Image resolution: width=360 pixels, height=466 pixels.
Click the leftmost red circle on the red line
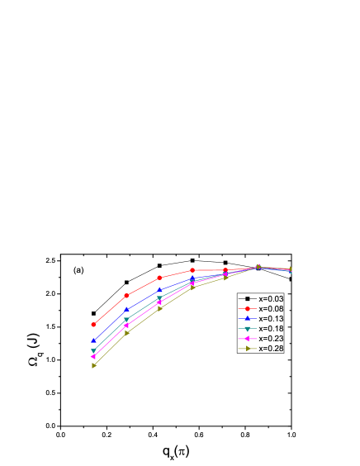coord(93,325)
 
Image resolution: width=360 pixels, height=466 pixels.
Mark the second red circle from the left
coord(126,296)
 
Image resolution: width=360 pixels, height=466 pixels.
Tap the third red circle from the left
coord(159,278)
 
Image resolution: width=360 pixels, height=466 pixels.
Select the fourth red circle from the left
coord(192,270)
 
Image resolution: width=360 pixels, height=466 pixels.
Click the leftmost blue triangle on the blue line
coord(93,340)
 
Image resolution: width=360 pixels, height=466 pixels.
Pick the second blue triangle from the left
coord(126,310)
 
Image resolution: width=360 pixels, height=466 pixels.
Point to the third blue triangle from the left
coord(159,290)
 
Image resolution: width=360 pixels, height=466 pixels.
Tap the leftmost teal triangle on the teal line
coord(93,351)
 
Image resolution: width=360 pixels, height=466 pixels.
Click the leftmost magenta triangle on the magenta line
coord(93,357)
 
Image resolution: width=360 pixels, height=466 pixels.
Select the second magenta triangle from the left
coord(126,326)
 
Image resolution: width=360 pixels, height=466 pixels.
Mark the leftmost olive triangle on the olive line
coord(94,365)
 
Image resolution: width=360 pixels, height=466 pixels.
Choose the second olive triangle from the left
coord(126,332)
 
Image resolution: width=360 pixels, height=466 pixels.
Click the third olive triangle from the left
coord(159,308)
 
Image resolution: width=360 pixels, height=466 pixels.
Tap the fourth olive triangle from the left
coord(192,288)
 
